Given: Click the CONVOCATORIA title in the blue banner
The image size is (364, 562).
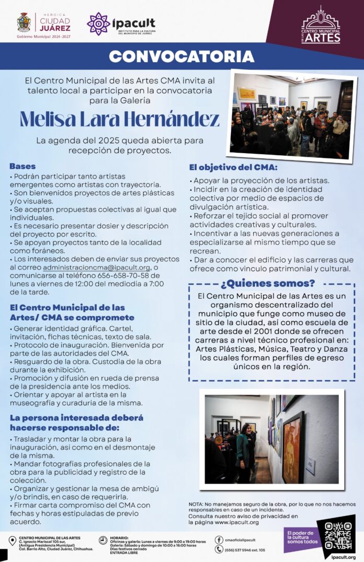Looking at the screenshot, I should (181, 56).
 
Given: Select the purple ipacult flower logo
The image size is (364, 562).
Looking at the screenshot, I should (98, 24).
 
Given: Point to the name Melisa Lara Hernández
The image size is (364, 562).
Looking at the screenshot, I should (120, 119).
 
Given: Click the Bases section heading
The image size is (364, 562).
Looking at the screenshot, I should (22, 166).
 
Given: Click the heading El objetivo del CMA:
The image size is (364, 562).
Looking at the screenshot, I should (233, 168).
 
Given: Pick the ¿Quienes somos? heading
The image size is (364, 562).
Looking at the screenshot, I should (267, 284).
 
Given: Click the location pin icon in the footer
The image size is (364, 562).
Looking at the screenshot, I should (12, 541).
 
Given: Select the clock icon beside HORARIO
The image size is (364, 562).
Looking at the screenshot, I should (103, 540).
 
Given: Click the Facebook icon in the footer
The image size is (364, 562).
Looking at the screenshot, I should (219, 540).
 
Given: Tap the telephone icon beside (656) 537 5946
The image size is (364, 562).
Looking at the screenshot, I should (219, 549).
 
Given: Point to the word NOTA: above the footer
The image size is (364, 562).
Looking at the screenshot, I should (197, 504).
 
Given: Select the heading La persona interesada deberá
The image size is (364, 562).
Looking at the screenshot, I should (76, 418).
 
